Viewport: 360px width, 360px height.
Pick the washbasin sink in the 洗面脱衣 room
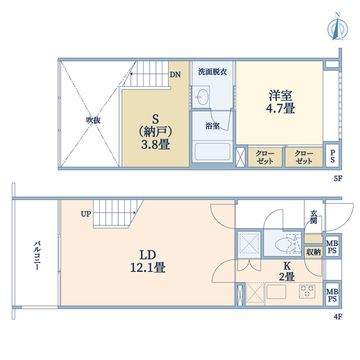point(204,97)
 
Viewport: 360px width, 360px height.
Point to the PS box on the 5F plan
point(332,157)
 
